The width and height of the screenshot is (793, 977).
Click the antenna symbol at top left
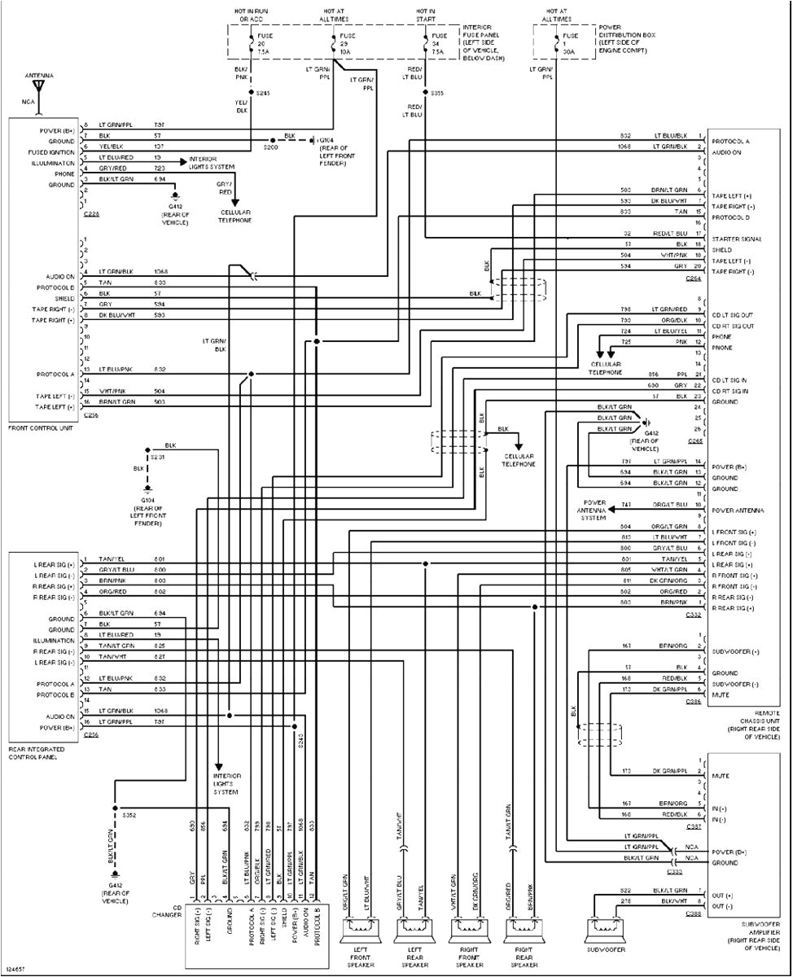point(38,85)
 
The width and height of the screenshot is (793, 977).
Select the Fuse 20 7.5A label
point(262,43)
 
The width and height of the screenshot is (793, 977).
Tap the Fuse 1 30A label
point(570,43)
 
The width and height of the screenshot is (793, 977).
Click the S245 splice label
point(262,93)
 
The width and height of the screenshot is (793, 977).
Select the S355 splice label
point(437,93)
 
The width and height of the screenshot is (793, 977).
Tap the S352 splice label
point(129,813)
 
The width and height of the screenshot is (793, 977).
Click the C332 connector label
point(694,616)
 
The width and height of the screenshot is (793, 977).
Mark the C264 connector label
point(694,278)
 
